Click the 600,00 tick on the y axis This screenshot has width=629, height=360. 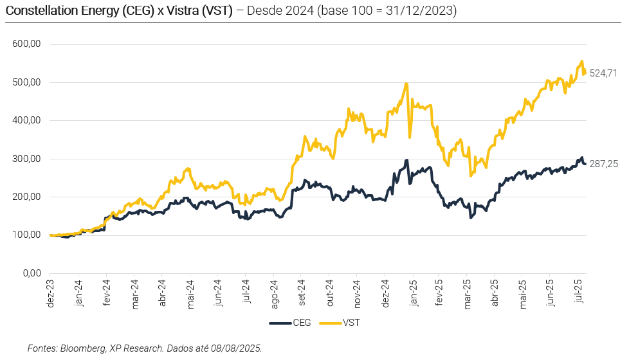[26, 44]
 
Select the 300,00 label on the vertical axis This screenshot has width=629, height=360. [26, 159]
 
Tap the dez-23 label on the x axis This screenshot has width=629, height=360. [51, 292]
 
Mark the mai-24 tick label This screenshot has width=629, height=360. [190, 292]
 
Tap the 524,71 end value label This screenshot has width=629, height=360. [604, 73]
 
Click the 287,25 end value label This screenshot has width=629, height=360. [604, 164]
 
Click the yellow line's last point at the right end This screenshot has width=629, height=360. [585, 72]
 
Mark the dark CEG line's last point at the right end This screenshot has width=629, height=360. [585, 163]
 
